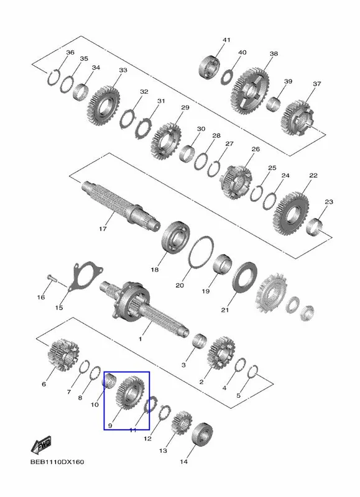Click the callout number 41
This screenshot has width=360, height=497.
point(226,40)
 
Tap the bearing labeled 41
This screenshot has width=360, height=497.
point(210,67)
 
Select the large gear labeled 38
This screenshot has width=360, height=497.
point(252,91)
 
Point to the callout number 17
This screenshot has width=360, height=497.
point(103,228)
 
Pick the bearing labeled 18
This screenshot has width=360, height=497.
point(177,238)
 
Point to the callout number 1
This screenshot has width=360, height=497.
point(140,339)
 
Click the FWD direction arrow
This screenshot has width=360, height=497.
point(41,445)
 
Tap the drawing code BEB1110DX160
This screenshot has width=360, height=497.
point(57,462)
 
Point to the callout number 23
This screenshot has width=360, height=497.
point(329,201)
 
